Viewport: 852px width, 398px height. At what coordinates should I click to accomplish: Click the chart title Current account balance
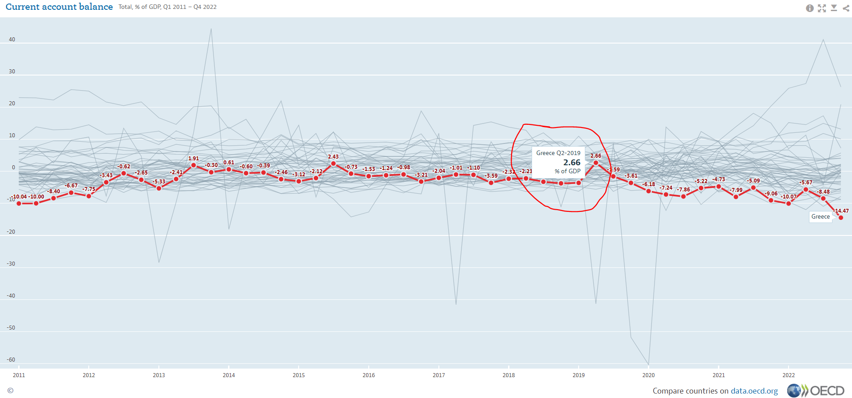(x=59, y=7)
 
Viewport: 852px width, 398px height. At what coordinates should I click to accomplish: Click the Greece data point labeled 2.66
(x=596, y=163)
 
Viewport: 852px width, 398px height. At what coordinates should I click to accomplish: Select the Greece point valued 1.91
(x=193, y=165)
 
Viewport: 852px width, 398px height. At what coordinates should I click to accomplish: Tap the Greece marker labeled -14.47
(x=841, y=218)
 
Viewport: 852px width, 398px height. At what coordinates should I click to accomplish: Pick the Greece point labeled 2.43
(x=333, y=163)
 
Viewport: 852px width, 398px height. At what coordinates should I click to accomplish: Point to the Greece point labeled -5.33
(x=159, y=188)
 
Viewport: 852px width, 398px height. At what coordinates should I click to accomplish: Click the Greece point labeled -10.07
(x=789, y=203)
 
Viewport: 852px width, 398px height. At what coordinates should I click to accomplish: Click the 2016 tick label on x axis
(x=369, y=375)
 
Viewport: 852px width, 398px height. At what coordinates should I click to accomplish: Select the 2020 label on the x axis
(x=648, y=375)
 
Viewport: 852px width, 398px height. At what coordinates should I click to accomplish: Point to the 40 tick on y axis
(x=12, y=40)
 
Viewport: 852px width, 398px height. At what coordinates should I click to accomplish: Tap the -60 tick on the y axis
(x=11, y=360)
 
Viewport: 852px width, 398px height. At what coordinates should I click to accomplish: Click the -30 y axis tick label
(x=11, y=264)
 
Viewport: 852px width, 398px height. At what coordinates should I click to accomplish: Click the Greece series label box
(x=820, y=217)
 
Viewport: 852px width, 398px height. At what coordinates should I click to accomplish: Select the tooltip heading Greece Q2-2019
(x=558, y=153)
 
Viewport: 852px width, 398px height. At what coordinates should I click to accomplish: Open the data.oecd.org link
(x=754, y=391)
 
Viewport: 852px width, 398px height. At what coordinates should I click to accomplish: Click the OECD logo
(x=816, y=390)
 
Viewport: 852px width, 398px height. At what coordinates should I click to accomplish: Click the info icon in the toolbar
(x=810, y=8)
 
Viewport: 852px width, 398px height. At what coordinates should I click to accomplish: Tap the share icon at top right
(x=846, y=8)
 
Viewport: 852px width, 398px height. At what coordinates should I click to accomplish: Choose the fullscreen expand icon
(x=822, y=8)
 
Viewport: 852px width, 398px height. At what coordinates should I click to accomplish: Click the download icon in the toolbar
(x=834, y=8)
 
